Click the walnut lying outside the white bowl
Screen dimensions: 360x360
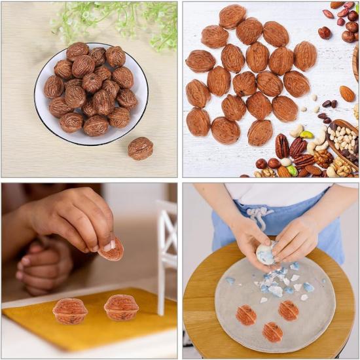(x=140, y=148)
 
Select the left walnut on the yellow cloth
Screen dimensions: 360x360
(x=70, y=310)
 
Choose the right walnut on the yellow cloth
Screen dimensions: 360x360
(x=121, y=307)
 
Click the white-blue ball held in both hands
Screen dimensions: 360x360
(x=266, y=254)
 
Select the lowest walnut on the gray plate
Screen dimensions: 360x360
(x=272, y=332)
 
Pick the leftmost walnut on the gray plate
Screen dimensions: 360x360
(x=246, y=315)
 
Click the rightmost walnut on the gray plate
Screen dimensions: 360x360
(x=288, y=310)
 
